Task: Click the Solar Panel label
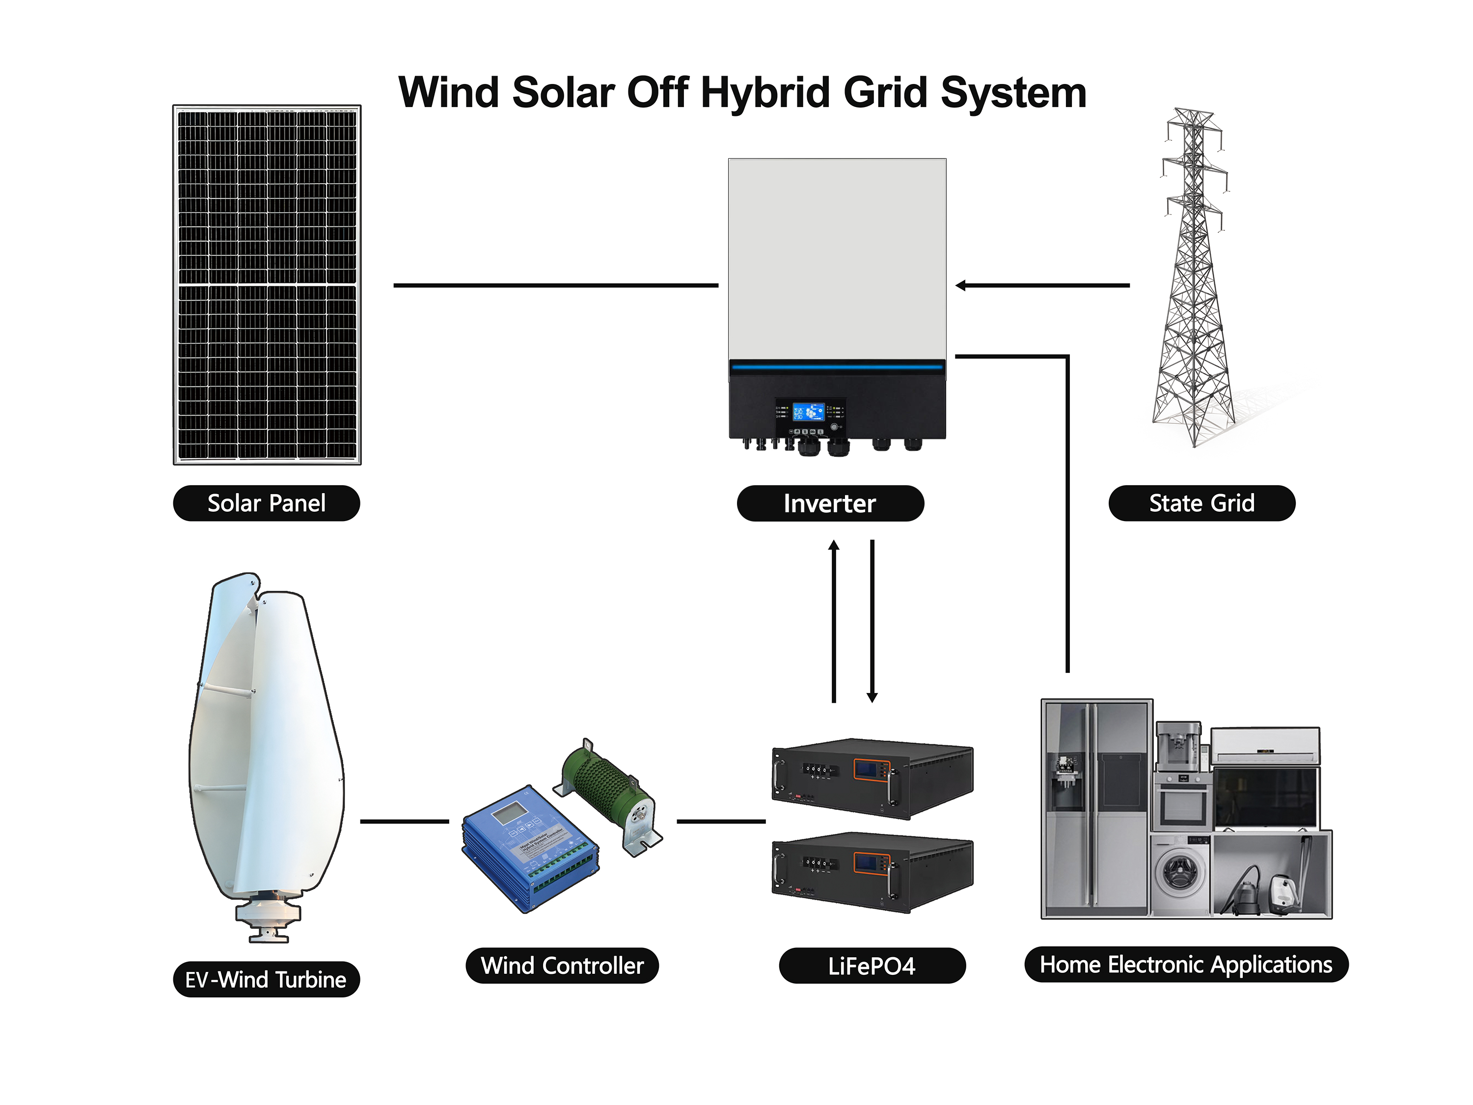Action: (266, 503)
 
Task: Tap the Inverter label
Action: (830, 503)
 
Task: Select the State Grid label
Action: (1201, 503)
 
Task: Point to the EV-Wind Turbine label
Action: (266, 979)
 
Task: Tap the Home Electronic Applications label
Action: (1186, 965)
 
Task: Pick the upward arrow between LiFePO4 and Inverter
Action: (834, 619)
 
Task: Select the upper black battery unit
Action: (873, 777)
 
